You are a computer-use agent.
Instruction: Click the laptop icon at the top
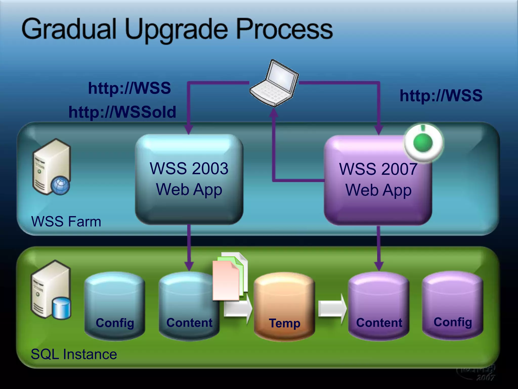pyautogui.click(x=274, y=83)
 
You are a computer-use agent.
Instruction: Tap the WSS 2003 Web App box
pyautogui.click(x=189, y=179)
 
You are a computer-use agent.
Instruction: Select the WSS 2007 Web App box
pyautogui.click(x=378, y=180)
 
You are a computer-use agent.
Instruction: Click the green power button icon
pyautogui.click(x=423, y=143)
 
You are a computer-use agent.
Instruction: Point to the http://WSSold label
pyautogui.click(x=122, y=112)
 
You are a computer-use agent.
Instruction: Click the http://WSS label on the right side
pyautogui.click(x=441, y=95)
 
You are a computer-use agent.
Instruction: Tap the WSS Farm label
pyautogui.click(x=66, y=221)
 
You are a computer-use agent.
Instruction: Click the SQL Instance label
pyautogui.click(x=74, y=354)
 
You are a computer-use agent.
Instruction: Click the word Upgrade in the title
pyautogui.click(x=176, y=30)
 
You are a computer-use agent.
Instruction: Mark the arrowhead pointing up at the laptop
pyautogui.click(x=273, y=113)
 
